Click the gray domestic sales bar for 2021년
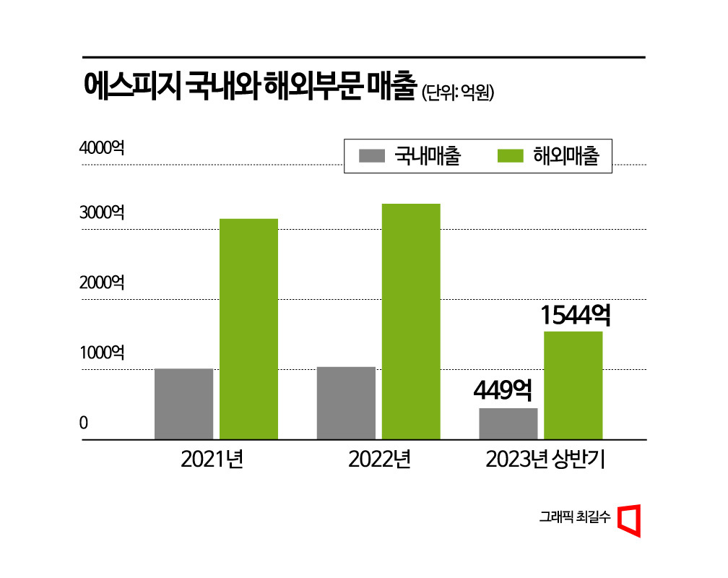click(x=183, y=403)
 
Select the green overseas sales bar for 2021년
click(x=248, y=329)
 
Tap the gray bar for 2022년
click(x=346, y=402)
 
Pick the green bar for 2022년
click(x=411, y=322)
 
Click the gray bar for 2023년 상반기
click(x=508, y=423)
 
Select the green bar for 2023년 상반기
click(x=573, y=385)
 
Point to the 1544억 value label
click(x=576, y=315)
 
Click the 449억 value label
click(x=503, y=391)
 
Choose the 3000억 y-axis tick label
click(x=102, y=213)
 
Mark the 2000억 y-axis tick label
click(x=102, y=282)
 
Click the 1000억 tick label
click(x=102, y=353)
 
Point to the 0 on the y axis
click(x=84, y=423)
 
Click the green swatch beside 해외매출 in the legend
click(x=512, y=156)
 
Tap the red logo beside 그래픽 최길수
click(x=630, y=520)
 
